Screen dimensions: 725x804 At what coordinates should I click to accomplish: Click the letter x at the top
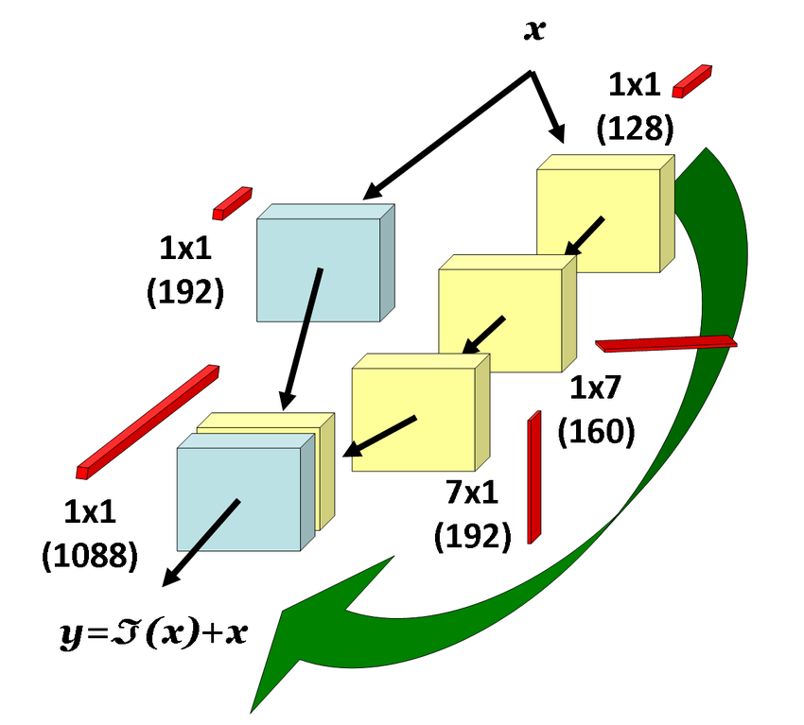pos(535,30)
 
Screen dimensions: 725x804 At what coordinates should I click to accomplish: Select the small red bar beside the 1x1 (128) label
pos(691,80)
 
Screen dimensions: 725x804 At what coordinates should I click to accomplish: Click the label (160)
pos(596,431)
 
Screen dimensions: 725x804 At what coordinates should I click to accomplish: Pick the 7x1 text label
pos(472,494)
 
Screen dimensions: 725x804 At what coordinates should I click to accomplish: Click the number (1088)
pos(90,554)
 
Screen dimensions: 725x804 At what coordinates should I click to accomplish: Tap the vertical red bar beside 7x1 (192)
pos(533,476)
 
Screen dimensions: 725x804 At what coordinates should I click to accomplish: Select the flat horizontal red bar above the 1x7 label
pos(666,342)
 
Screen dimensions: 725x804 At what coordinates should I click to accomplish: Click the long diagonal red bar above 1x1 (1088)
pos(149,420)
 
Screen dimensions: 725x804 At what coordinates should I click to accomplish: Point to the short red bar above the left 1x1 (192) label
pos(232,202)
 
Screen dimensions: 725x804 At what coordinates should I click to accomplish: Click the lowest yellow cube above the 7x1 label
pos(416,416)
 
